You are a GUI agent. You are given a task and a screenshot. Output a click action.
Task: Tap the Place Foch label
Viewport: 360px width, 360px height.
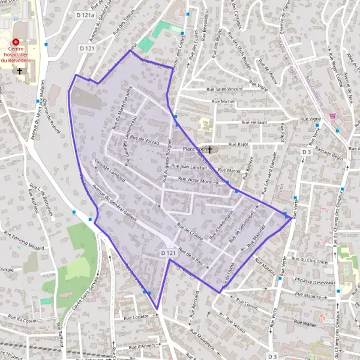click(194, 149)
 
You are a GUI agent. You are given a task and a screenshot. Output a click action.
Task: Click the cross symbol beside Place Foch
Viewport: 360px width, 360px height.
click(210, 149)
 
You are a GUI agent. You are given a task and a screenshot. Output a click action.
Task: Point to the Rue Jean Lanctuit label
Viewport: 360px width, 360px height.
click(189, 166)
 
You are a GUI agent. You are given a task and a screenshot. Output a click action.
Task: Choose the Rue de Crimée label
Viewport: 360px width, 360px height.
click(191, 230)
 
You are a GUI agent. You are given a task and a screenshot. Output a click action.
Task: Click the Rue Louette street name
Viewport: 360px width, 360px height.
click(136, 316)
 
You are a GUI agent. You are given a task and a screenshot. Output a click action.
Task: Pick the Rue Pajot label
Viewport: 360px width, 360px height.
click(238, 145)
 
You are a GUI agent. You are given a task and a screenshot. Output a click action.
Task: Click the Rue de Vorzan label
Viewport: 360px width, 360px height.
click(143, 140)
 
